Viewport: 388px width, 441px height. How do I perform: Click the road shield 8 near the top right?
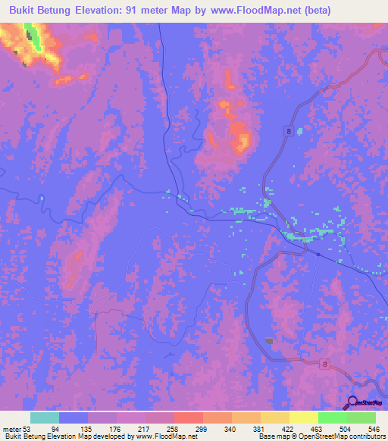point(289,131)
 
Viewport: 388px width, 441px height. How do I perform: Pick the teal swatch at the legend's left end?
point(44,418)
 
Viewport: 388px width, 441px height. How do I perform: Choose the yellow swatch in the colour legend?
point(303,418)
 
